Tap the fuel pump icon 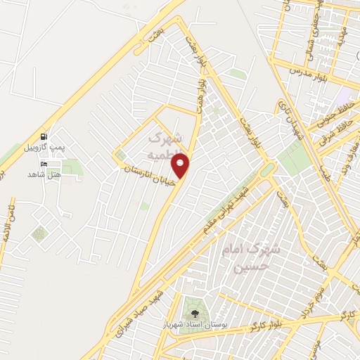click(45, 136)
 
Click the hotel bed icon click(45, 164)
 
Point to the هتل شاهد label click(45, 174)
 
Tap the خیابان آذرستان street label click(148, 172)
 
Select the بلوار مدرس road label click(295, 71)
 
